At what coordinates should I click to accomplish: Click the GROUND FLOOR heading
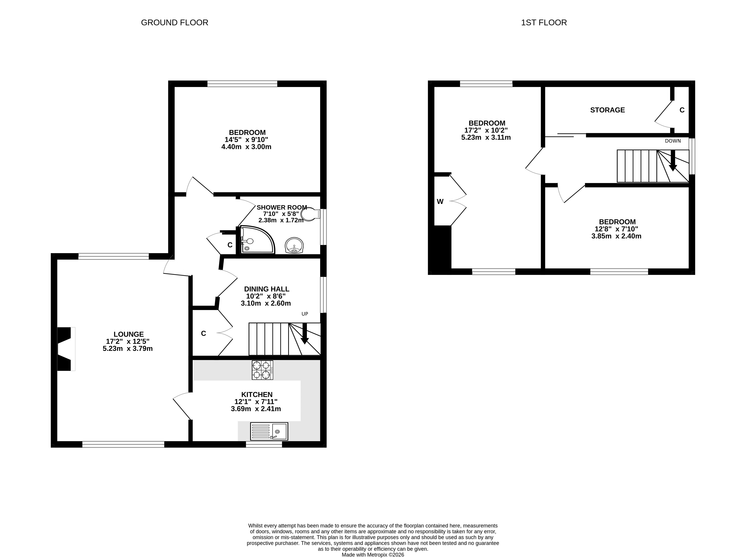click(174, 23)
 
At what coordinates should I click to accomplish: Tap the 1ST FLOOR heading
click(544, 23)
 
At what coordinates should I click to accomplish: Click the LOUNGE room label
click(128, 334)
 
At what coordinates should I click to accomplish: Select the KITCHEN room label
click(257, 394)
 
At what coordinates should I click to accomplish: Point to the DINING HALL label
click(266, 289)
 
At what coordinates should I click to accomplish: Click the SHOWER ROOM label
click(282, 207)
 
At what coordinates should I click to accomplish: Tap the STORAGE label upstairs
click(607, 110)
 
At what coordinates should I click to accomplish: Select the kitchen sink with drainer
click(269, 431)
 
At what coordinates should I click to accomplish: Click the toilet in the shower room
click(311, 214)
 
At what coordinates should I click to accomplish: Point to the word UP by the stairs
click(305, 314)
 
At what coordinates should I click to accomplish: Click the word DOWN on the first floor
click(673, 141)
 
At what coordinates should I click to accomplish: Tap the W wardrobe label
click(440, 202)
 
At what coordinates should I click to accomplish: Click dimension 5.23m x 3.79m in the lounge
click(128, 349)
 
